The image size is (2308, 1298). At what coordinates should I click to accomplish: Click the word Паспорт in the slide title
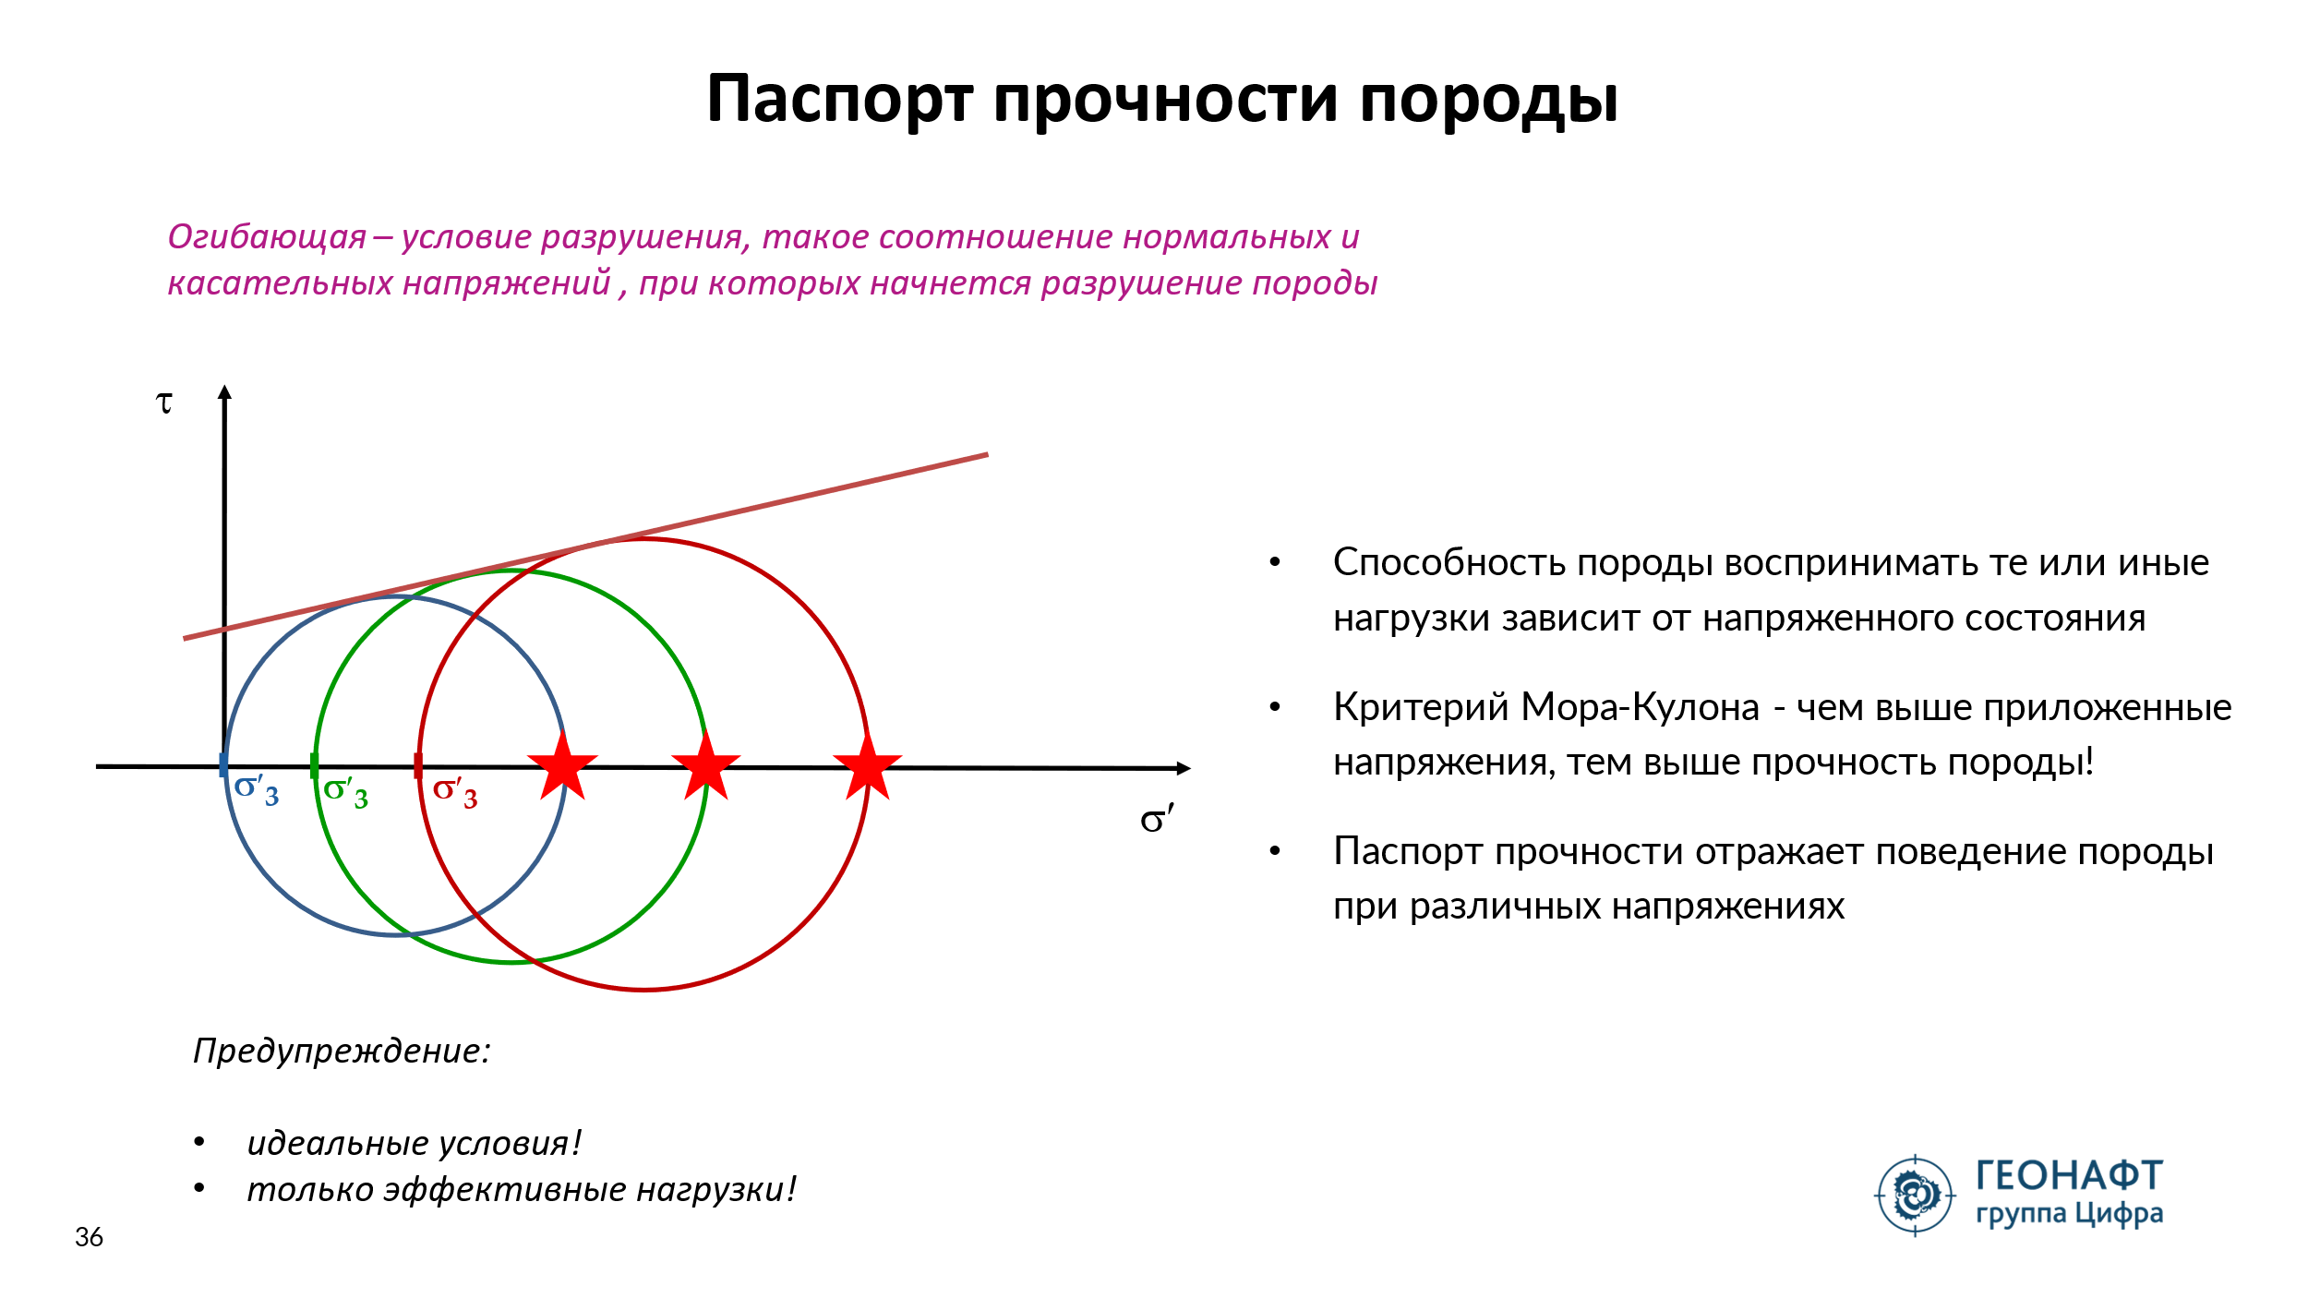[839, 100]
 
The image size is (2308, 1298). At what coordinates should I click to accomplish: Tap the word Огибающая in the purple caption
[267, 238]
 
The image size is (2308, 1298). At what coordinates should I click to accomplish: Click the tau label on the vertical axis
[164, 403]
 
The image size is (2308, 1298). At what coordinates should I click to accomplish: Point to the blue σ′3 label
[257, 791]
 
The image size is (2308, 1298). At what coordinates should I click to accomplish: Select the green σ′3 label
[346, 793]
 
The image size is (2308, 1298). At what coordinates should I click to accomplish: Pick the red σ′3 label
[455, 793]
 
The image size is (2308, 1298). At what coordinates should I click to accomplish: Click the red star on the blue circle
[562, 765]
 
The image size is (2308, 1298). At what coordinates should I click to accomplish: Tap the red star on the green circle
[706, 765]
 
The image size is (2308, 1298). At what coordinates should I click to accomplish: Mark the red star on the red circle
[868, 765]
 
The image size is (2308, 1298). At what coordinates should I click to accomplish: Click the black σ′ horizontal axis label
[1157, 819]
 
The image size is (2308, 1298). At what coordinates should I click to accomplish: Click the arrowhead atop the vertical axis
[224, 391]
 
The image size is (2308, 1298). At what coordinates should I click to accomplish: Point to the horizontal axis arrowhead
[1184, 768]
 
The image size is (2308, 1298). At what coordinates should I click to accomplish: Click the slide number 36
[89, 1237]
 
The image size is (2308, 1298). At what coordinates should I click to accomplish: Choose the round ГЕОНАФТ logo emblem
[1915, 1196]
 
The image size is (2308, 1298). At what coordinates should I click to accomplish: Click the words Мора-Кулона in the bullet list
[1640, 707]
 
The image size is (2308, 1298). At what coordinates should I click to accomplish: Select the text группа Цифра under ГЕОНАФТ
[2070, 1213]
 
